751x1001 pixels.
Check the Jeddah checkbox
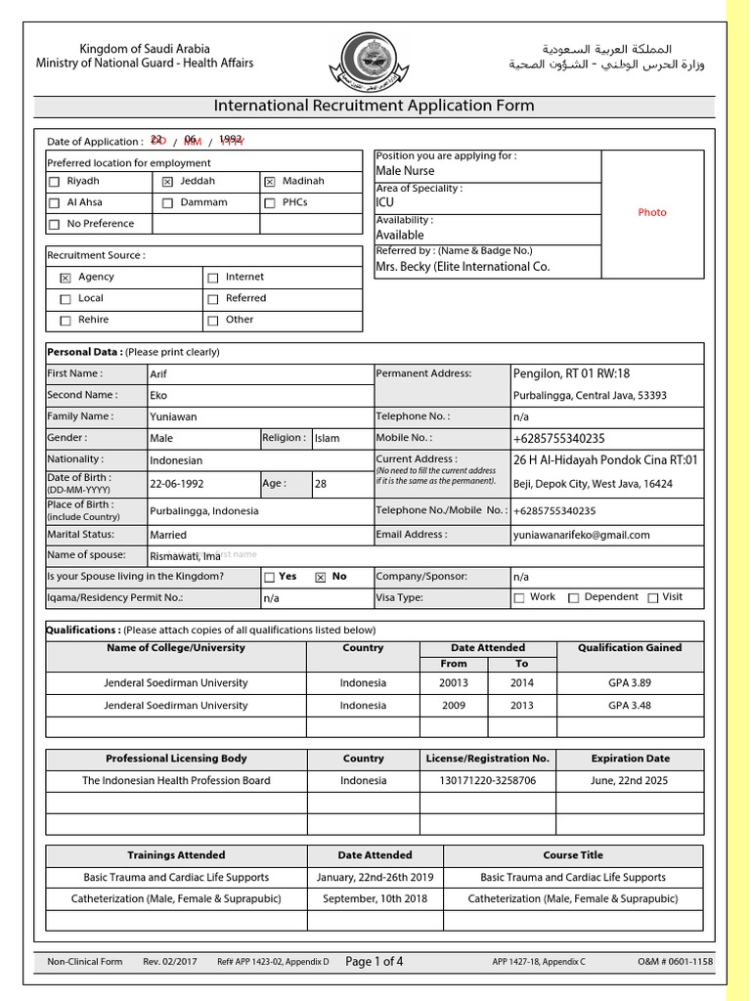coord(167,182)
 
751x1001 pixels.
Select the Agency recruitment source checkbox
coord(66,278)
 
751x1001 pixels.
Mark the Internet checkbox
coord(212,278)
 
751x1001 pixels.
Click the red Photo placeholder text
coord(651,212)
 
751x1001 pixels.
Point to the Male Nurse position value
coord(405,171)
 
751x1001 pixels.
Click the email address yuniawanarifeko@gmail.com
coord(581,535)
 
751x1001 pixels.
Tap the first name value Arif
coord(158,374)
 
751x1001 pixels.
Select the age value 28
coord(321,483)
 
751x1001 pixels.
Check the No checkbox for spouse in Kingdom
coord(320,578)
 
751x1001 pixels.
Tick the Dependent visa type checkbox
coord(574,597)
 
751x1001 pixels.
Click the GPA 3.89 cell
coord(631,683)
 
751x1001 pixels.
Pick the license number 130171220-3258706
coord(488,781)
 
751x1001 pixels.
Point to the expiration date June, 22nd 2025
coord(631,781)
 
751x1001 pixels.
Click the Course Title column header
coord(574,855)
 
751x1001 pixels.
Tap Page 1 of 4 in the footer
coord(375,962)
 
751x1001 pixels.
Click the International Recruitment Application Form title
coord(375,107)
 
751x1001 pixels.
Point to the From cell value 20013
coord(454,683)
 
